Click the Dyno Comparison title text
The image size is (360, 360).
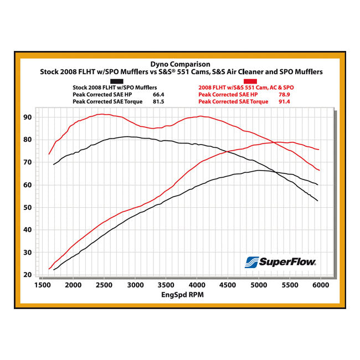(x=179, y=64)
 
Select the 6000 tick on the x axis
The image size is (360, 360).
(x=320, y=285)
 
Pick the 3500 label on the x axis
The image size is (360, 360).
(x=166, y=285)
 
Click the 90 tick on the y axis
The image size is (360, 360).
(x=27, y=117)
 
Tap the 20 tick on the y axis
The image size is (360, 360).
(x=27, y=275)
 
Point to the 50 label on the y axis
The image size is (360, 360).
(x=27, y=207)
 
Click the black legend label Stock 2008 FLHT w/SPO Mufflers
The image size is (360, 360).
(x=115, y=88)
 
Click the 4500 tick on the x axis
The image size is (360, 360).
(x=228, y=285)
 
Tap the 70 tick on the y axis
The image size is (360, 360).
(x=27, y=162)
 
